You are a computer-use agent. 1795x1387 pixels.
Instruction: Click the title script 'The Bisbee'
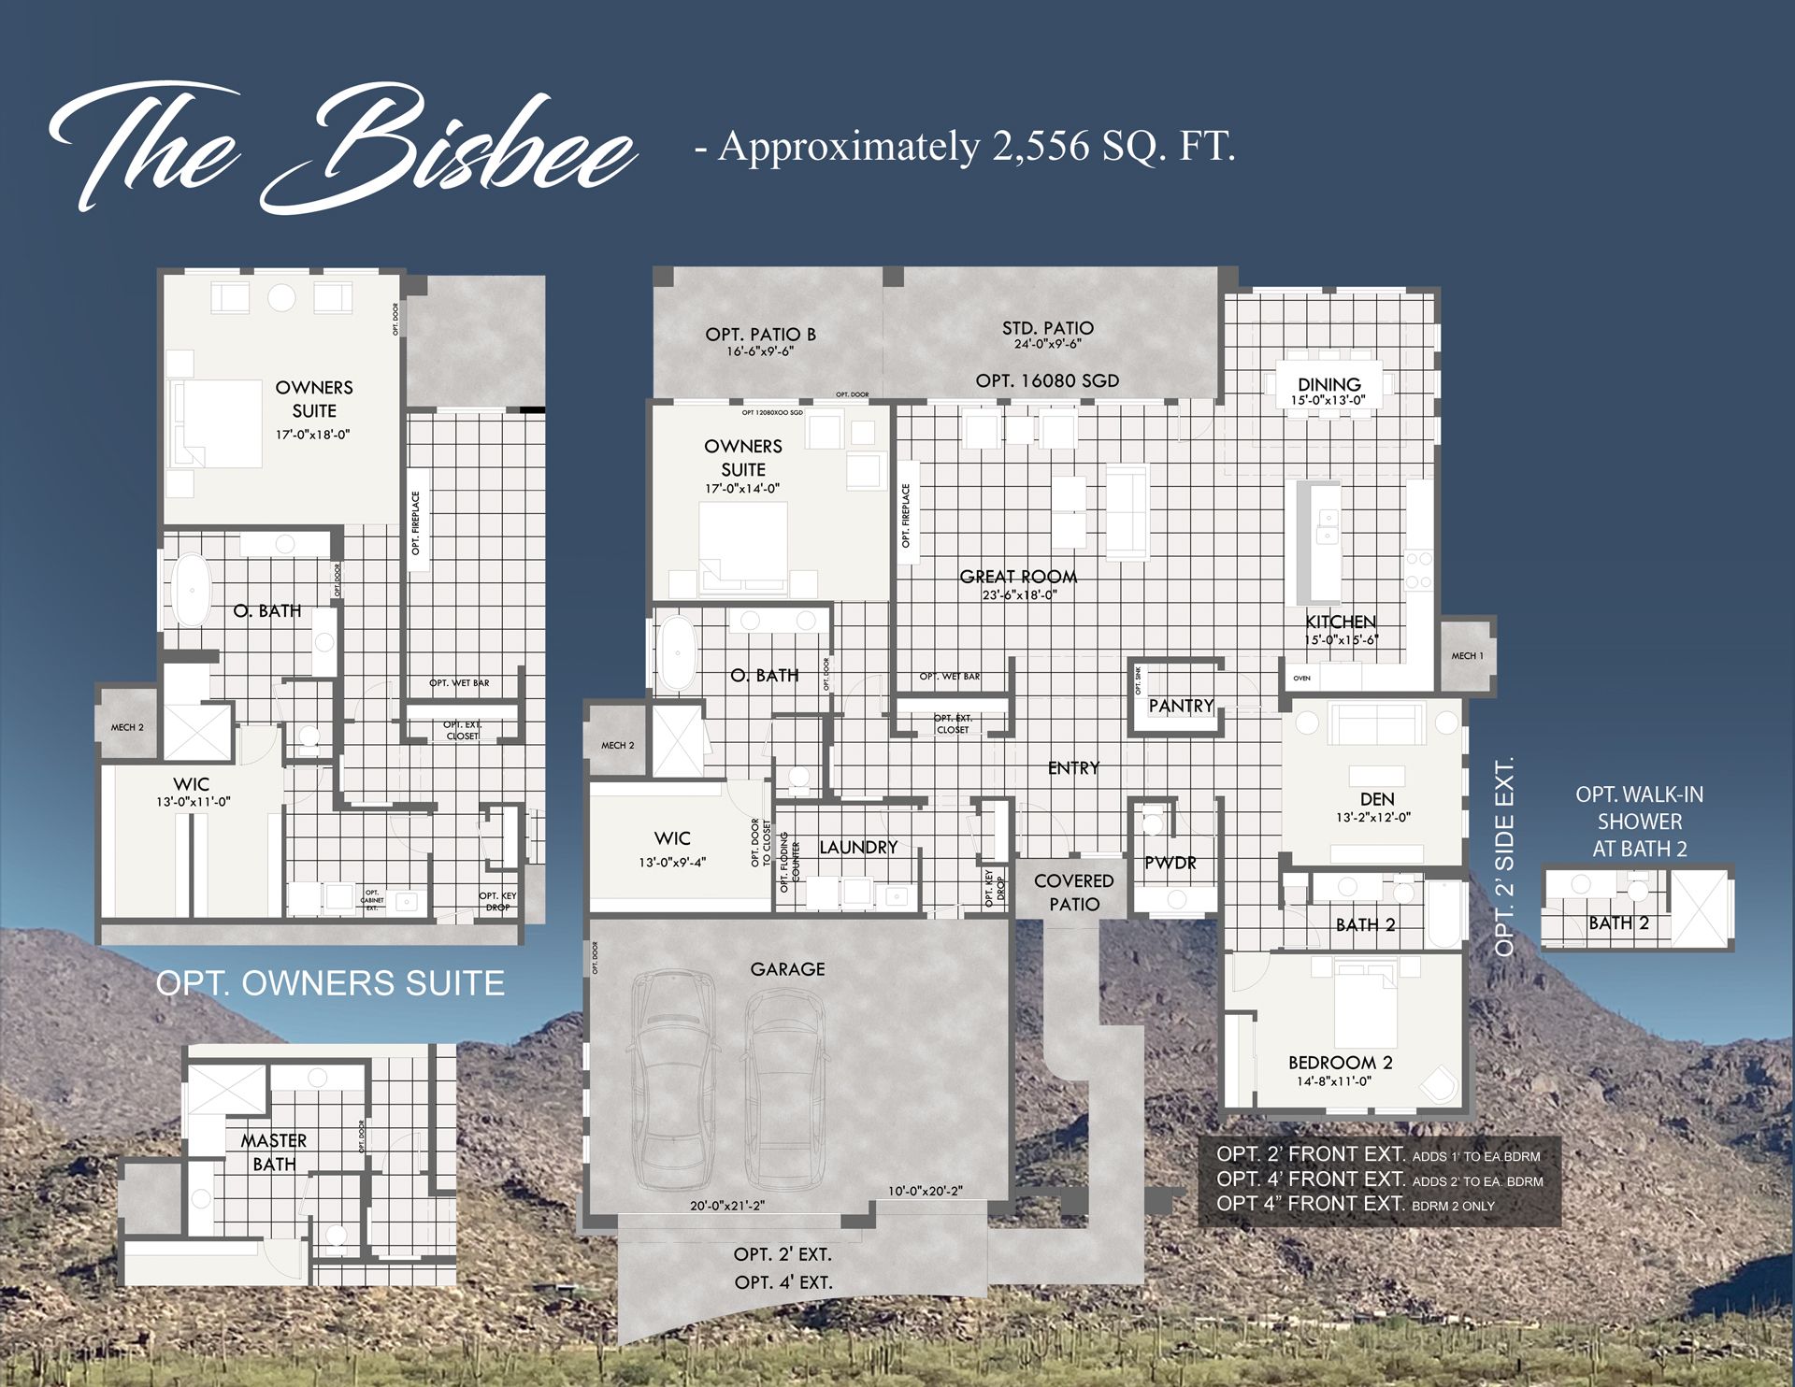(x=341, y=150)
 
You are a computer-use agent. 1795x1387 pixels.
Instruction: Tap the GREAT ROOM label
(x=1018, y=577)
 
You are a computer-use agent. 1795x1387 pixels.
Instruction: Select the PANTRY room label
(x=1181, y=706)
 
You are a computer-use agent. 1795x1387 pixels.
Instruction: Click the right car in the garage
(x=783, y=1084)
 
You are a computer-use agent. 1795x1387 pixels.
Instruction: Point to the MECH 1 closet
(x=1467, y=655)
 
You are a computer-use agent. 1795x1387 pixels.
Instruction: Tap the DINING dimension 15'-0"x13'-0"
(x=1328, y=400)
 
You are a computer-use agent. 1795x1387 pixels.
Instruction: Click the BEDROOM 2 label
(x=1340, y=1063)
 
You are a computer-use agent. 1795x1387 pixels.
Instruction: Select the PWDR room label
(x=1170, y=863)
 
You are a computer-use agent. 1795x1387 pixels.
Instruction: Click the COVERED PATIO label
(x=1073, y=893)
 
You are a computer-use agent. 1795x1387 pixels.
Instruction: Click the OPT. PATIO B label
(x=760, y=335)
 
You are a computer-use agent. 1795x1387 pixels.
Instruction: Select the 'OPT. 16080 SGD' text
(x=1046, y=380)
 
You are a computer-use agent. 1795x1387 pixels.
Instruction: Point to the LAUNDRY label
(x=857, y=848)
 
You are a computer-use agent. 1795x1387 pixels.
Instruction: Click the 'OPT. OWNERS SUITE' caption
(x=329, y=983)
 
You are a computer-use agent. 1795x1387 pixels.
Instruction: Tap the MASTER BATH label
(x=273, y=1152)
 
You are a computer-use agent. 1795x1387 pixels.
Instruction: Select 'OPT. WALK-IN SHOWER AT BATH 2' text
(x=1639, y=822)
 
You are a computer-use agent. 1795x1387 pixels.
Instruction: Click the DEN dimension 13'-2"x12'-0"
(x=1372, y=817)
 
